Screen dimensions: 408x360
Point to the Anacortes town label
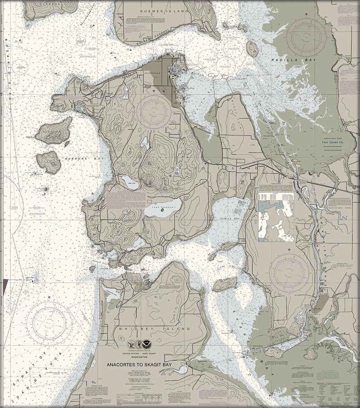[152, 73]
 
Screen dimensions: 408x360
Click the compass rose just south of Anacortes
[154, 110]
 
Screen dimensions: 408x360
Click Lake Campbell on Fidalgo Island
[162, 209]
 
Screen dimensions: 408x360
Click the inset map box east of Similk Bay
[276, 221]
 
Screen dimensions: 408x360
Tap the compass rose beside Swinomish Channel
[291, 272]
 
